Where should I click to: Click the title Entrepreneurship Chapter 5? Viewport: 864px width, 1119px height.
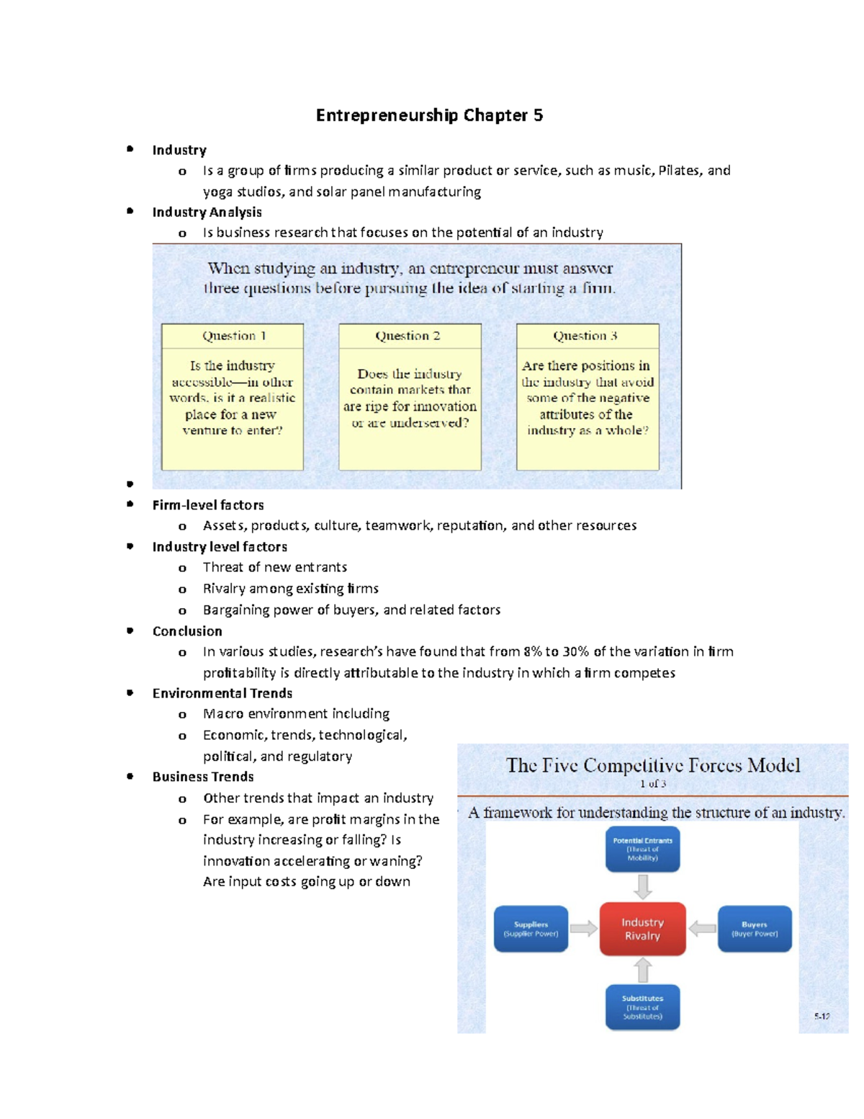[x=429, y=115]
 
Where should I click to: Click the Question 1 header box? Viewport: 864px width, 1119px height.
[x=233, y=336]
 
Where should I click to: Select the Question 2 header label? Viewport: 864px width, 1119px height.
[x=408, y=336]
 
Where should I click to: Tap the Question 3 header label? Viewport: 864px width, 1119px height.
[x=585, y=336]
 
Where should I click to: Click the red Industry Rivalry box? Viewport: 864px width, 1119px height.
[x=642, y=929]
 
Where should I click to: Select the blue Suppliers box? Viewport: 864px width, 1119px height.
[x=531, y=929]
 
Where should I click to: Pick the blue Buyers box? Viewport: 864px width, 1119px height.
[x=755, y=929]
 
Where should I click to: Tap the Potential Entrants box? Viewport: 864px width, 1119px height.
[x=642, y=849]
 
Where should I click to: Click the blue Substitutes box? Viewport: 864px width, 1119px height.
[x=642, y=1007]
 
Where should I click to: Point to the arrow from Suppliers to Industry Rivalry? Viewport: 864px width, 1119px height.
[x=584, y=929]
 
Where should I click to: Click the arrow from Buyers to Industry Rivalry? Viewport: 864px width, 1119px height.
[x=702, y=929]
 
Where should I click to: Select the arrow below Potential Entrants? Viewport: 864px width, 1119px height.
[x=643, y=886]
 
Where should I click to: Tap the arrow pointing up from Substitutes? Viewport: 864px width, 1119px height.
[x=643, y=970]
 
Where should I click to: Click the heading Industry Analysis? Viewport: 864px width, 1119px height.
[x=207, y=212]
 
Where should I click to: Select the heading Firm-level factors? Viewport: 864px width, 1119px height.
[x=208, y=505]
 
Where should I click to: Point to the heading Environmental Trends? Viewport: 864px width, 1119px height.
[x=222, y=693]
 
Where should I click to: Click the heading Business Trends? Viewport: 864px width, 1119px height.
[x=203, y=777]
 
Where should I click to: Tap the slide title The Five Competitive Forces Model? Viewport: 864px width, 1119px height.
[x=653, y=765]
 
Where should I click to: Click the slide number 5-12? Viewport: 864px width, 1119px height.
[x=822, y=1016]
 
